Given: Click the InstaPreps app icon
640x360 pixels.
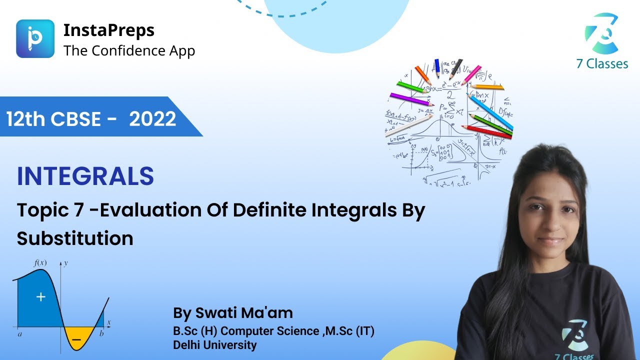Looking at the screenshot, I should [35, 38].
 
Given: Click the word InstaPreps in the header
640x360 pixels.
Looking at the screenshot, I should [108, 30].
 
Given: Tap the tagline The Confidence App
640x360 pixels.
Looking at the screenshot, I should [129, 50].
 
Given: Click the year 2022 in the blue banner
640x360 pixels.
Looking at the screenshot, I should [152, 119].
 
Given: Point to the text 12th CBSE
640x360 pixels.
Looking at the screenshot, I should [55, 119].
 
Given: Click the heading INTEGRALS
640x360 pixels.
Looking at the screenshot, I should [85, 176].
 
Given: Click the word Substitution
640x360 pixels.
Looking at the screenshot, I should [75, 238].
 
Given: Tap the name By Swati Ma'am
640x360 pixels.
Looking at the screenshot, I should [232, 313].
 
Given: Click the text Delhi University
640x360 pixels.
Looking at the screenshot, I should [214, 344].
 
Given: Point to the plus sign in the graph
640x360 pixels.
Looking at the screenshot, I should [40, 297].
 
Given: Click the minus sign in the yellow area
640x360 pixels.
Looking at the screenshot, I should [76, 339].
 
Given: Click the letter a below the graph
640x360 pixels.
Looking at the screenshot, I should [19, 334].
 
